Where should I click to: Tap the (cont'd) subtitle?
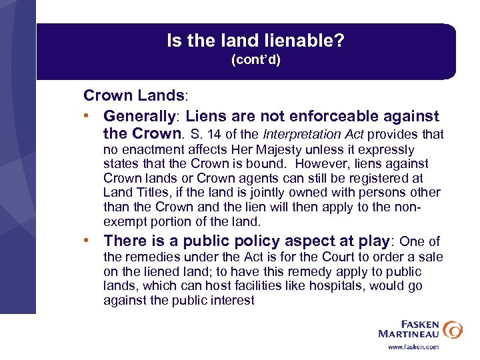[x=255, y=60]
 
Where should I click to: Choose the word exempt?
[x=123, y=222]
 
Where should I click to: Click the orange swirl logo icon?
[x=452, y=329]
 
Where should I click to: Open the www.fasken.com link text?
[x=414, y=347]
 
